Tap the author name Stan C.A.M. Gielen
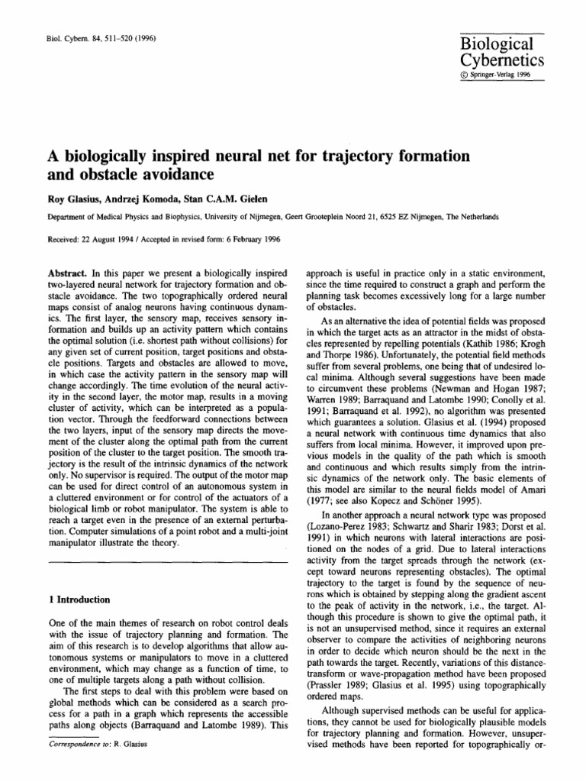tap(221, 199)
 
